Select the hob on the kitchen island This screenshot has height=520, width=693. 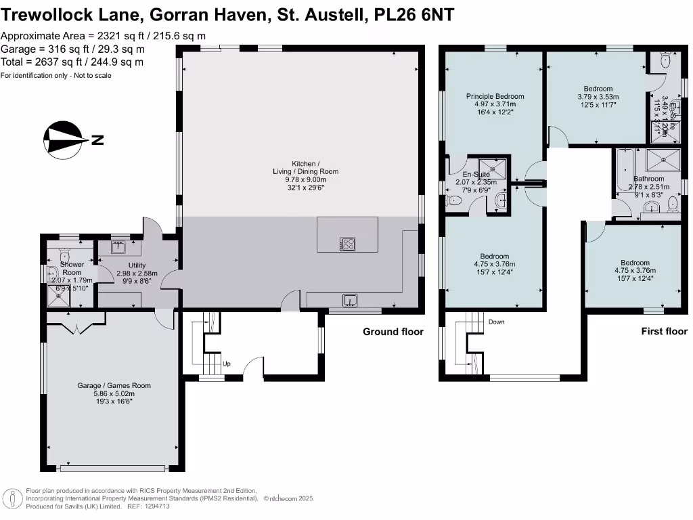348,244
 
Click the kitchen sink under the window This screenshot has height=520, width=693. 351,299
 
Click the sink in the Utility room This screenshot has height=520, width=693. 120,246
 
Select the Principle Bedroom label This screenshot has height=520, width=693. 495,96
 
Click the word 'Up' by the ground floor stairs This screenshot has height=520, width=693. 227,364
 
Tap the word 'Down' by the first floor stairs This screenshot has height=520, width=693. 497,322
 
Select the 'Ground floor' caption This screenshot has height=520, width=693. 393,331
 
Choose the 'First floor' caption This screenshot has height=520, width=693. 664,331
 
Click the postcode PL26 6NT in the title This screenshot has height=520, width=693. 414,14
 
